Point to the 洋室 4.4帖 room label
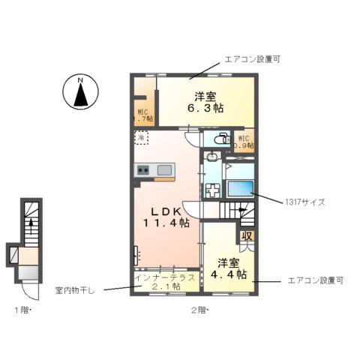click(227, 268)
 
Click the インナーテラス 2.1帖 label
click(166, 282)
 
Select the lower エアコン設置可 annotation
click(315, 280)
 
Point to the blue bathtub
click(241, 184)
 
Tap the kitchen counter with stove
click(154, 172)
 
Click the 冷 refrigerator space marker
click(142, 138)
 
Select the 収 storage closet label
click(246, 235)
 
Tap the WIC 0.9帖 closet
click(244, 141)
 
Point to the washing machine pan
click(213, 190)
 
